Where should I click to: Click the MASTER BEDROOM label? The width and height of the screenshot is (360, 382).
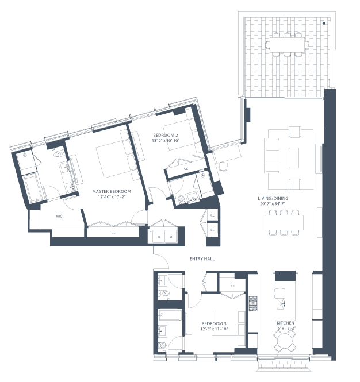(x=112, y=191)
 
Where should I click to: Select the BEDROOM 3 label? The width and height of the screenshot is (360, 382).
(x=214, y=323)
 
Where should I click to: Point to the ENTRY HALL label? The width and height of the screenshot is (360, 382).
(x=202, y=258)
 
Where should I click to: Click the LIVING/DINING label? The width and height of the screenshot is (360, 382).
(x=273, y=198)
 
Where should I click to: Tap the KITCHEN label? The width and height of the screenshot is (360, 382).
(x=285, y=323)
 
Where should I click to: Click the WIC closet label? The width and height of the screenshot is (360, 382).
(x=59, y=216)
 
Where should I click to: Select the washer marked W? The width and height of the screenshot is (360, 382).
(x=159, y=237)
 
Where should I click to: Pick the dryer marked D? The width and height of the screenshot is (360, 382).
(x=171, y=237)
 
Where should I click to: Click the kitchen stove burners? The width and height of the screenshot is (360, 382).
(x=253, y=303)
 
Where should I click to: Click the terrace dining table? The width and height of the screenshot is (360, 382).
(x=287, y=45)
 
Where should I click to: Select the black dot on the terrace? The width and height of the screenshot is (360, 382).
(x=324, y=23)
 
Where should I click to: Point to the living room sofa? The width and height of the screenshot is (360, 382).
(x=272, y=156)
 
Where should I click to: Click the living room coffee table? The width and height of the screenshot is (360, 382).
(x=294, y=157)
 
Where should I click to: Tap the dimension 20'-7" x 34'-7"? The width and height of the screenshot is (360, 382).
(x=273, y=204)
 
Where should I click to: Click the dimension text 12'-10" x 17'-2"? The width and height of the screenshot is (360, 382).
(x=112, y=197)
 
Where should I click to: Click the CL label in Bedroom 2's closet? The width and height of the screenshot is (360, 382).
(x=186, y=169)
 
